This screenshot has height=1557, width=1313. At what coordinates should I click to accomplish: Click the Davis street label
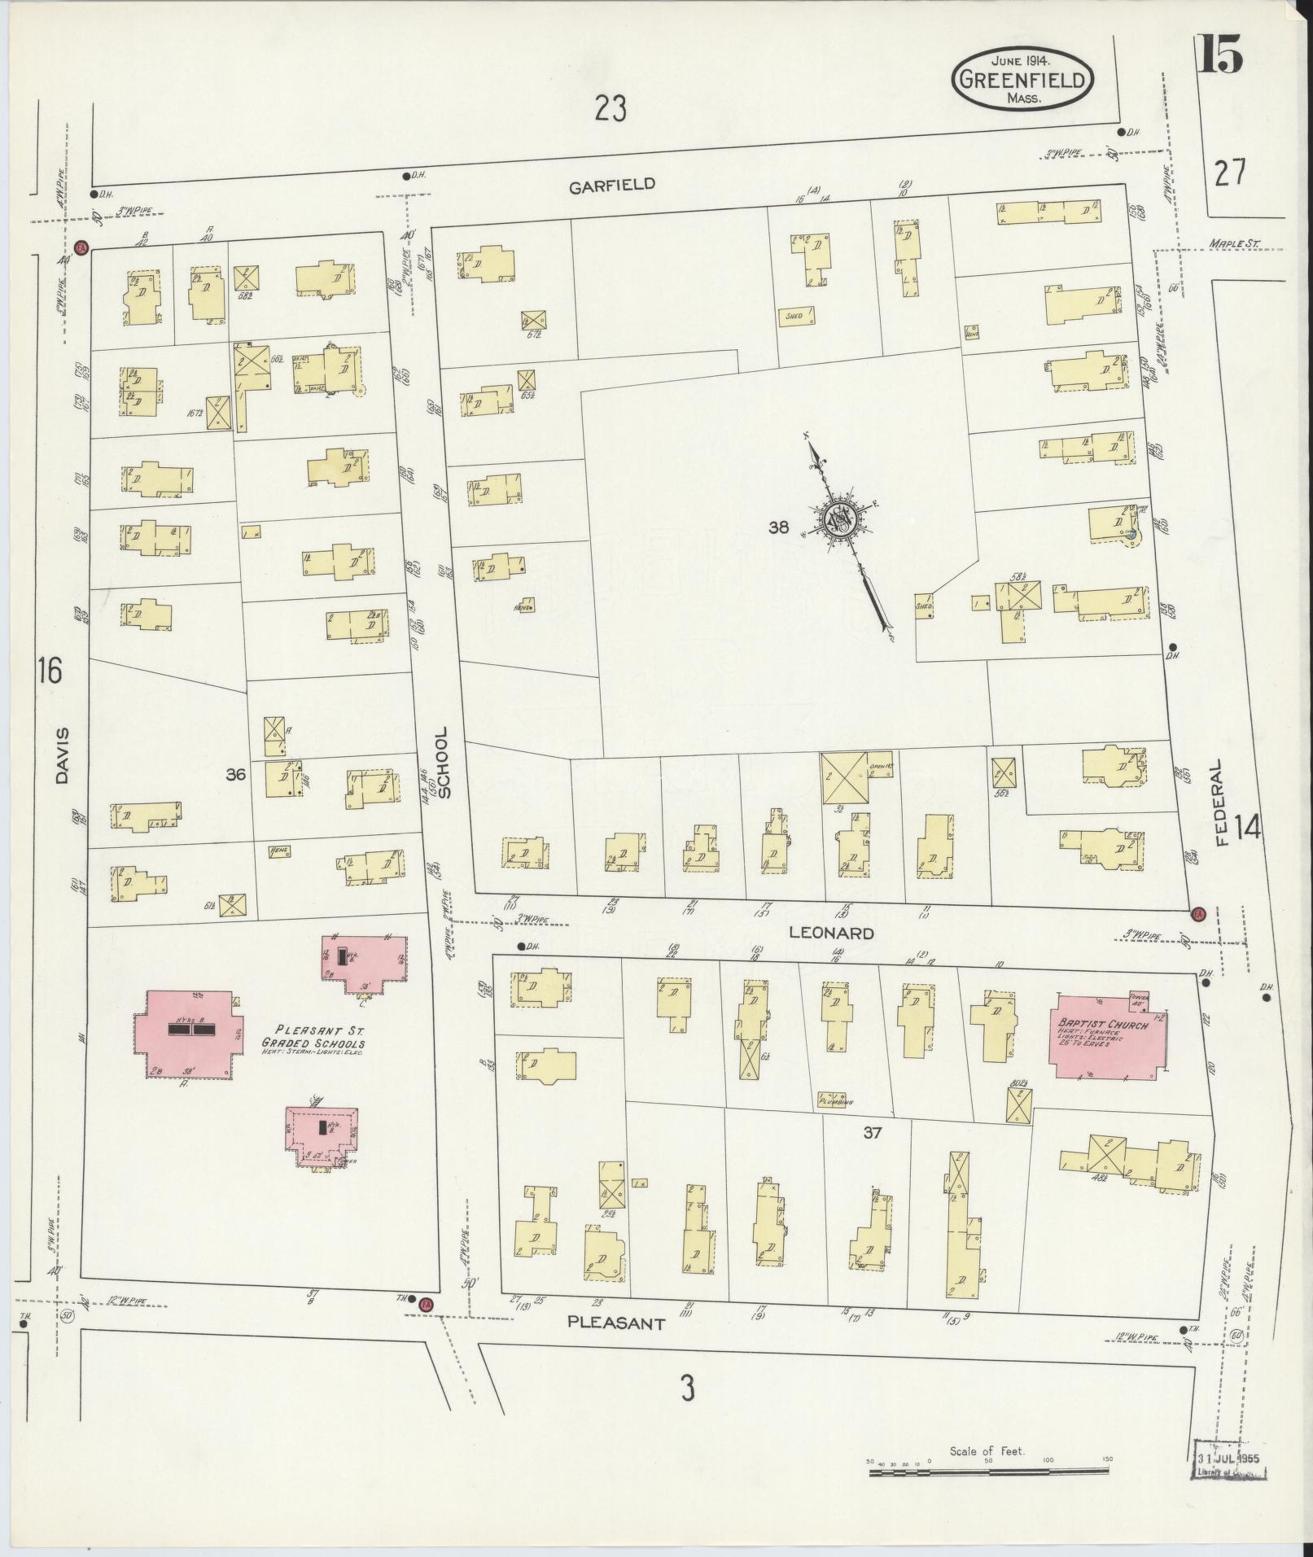63,755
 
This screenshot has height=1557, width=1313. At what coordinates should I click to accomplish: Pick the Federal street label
1218,803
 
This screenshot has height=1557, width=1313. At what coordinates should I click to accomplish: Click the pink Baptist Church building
1109,1034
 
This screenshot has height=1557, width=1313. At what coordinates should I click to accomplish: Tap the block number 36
236,775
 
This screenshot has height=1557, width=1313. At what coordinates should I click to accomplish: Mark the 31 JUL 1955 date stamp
1228,1477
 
